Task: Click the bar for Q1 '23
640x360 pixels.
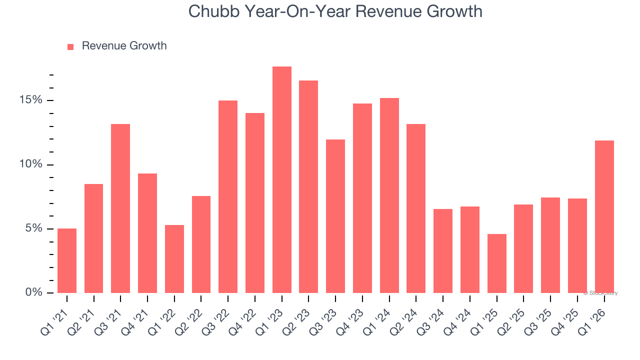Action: (282, 180)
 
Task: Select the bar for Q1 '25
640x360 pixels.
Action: (497, 263)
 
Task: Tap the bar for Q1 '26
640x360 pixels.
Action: (604, 216)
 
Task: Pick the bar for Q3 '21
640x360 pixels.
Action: (120, 208)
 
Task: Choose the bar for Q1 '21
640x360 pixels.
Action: (67, 260)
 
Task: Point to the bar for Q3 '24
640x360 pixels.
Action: (443, 251)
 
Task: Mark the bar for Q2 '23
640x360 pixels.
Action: (308, 186)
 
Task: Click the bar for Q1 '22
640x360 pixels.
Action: (174, 259)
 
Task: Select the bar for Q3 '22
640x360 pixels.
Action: (228, 196)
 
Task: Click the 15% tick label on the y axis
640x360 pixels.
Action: (31, 100)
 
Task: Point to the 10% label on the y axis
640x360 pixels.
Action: (31, 164)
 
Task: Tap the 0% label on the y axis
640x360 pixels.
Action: (34, 292)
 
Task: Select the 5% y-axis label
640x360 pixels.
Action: (34, 228)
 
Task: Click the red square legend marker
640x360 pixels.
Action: (70, 46)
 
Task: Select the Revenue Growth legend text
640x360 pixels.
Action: (124, 46)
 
